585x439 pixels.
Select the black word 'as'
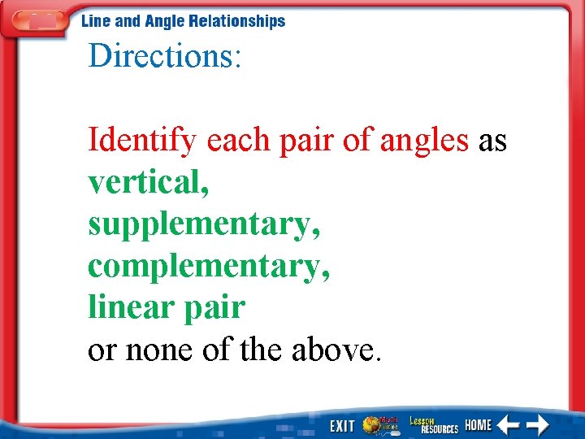click(x=492, y=141)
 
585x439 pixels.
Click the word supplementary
click(x=204, y=225)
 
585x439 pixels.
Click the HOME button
click(x=479, y=425)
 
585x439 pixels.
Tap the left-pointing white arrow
click(x=509, y=425)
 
